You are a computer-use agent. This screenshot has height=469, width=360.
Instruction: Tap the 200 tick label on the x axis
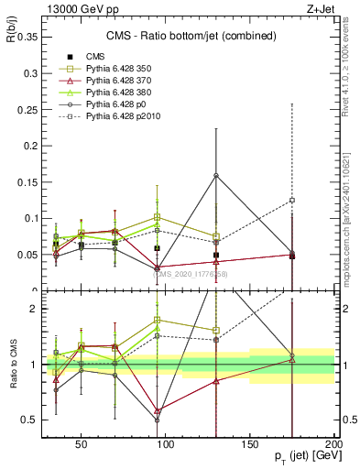click(334, 443)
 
